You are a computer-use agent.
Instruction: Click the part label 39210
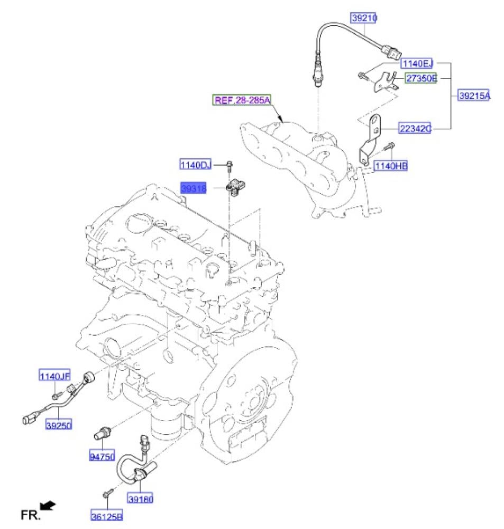tap(364, 17)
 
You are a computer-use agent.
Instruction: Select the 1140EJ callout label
tap(417, 63)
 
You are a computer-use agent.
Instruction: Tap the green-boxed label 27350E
tap(421, 78)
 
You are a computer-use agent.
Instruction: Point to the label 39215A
tap(474, 95)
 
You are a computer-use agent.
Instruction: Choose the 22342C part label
tap(415, 128)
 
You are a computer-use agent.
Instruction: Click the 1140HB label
tap(391, 166)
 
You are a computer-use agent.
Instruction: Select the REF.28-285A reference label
tap(242, 100)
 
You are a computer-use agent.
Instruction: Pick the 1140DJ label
tap(195, 165)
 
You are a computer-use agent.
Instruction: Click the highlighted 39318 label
tap(194, 188)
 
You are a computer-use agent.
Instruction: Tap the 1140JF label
tap(54, 376)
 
